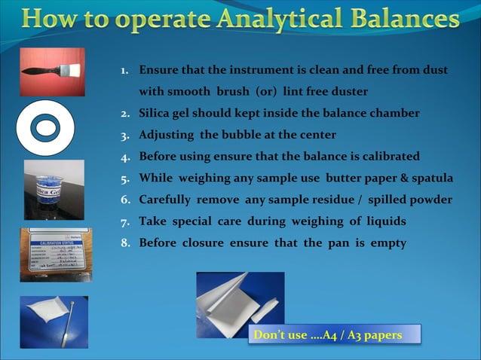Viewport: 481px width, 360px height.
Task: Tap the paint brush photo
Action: (x=52, y=72)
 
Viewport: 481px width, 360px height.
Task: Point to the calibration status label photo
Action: (x=54, y=255)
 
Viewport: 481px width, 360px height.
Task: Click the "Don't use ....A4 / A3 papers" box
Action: (x=335, y=334)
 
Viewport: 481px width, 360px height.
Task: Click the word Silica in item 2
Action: (x=155, y=113)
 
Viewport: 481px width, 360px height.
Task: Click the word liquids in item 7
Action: (x=381, y=221)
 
